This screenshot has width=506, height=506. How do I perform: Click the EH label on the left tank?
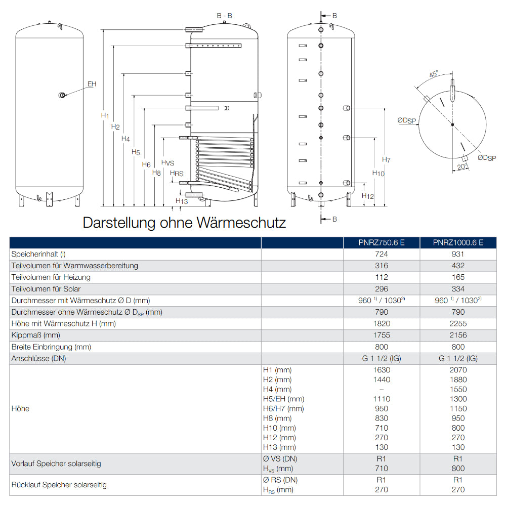click(92, 84)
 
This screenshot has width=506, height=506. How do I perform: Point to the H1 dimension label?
click(105, 116)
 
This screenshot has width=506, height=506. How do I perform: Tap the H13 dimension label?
click(182, 201)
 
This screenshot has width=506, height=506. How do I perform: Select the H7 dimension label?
click(386, 160)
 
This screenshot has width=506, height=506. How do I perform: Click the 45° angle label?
click(434, 74)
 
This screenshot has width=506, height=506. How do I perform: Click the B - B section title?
click(225, 16)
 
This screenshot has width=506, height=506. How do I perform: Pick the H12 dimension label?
click(368, 196)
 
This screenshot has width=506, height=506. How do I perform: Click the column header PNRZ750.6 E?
click(382, 242)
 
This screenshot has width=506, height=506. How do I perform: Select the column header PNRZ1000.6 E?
click(458, 242)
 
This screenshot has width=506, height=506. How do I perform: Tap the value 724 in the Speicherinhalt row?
click(382, 254)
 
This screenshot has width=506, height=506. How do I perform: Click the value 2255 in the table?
click(458, 324)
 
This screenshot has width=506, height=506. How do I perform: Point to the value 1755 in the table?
click(382, 335)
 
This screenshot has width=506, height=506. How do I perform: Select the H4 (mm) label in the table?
click(277, 389)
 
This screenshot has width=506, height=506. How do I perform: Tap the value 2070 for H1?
click(458, 370)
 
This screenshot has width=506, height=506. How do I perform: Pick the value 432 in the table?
click(458, 266)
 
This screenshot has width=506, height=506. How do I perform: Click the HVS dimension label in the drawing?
click(167, 162)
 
